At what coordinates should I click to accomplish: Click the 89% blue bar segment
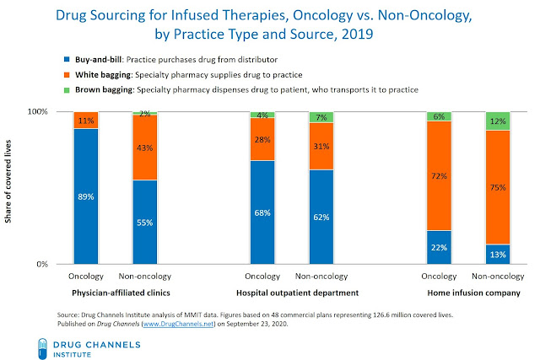[x=85, y=196]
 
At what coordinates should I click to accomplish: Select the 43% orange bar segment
[x=144, y=148]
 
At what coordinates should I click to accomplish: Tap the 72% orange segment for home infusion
[x=439, y=175]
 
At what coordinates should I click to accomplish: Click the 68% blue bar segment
[x=262, y=212]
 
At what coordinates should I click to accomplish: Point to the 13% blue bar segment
[x=498, y=255]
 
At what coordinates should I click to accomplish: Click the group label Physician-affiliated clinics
[x=114, y=293]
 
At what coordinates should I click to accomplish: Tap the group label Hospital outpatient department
[x=291, y=293]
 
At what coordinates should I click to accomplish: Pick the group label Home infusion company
[x=468, y=293]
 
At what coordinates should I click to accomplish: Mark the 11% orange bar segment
[x=85, y=121]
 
